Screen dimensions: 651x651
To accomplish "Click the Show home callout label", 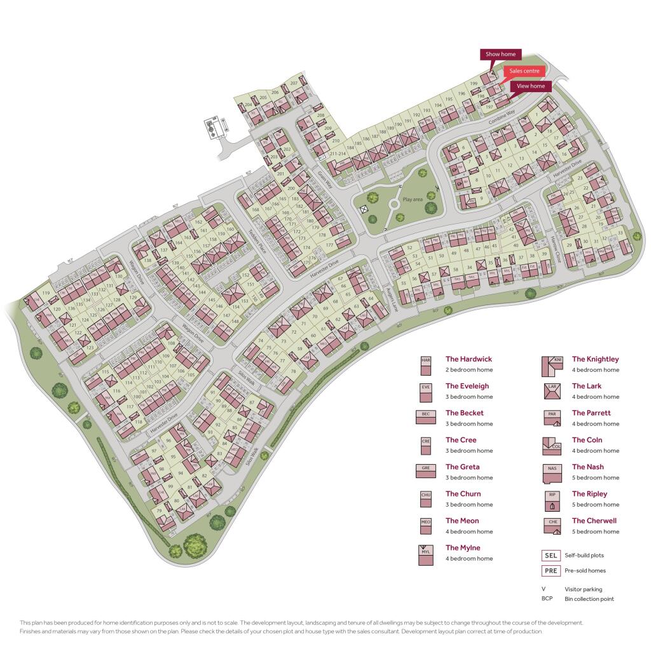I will click(501, 55).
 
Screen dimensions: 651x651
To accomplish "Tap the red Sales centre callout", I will click(524, 71).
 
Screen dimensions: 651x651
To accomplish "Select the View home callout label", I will click(531, 86).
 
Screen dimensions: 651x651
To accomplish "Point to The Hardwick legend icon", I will click(426, 365).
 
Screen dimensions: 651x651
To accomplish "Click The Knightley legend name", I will click(595, 359).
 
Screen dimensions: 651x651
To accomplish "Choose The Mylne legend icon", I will click(426, 554).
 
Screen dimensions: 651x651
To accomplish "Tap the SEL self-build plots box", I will click(551, 556).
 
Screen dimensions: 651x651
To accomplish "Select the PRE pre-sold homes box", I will click(551, 570).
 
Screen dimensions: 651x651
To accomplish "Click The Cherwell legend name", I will click(594, 521).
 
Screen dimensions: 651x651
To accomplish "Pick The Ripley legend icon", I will click(552, 500).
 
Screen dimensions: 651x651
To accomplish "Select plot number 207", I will click(294, 83).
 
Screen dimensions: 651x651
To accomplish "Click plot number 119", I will click(45, 293).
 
